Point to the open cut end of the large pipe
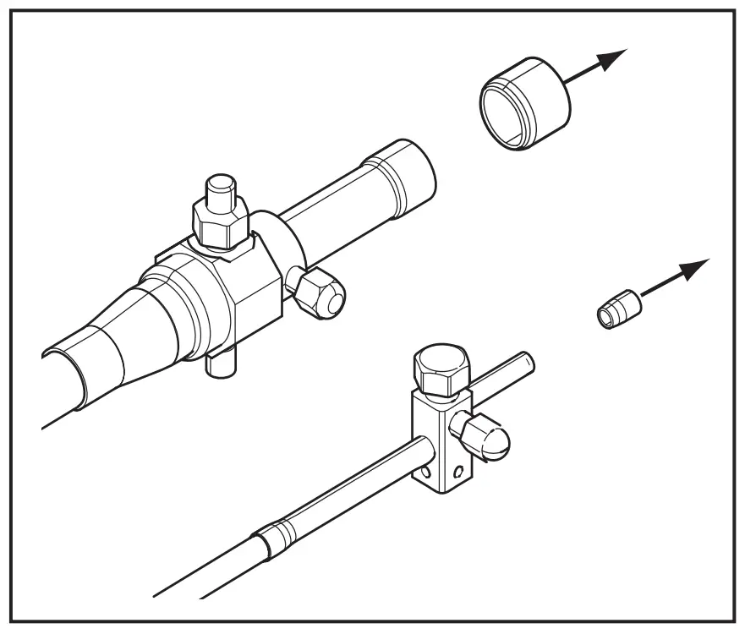[x=63, y=368]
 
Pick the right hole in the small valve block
[x=457, y=469]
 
